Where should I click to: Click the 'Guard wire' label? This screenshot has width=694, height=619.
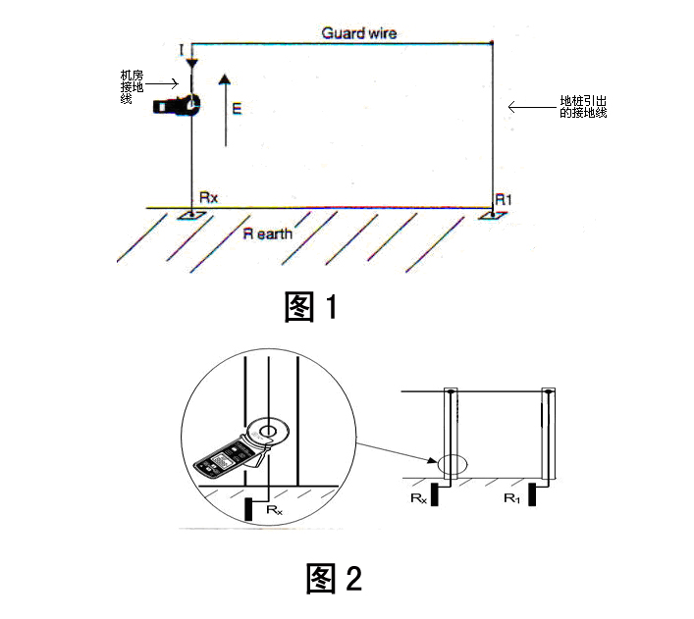coord(359,32)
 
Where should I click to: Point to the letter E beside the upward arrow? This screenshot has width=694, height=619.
coord(237,110)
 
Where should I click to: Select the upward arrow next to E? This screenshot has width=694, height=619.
coord(224,108)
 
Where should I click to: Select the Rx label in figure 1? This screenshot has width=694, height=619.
coord(208,197)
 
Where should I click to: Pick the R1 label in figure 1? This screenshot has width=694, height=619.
coord(504,198)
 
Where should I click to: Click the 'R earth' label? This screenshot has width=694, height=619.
coord(268,233)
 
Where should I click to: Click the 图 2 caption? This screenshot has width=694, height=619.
coord(334,578)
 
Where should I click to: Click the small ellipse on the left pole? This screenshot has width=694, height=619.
coord(453,465)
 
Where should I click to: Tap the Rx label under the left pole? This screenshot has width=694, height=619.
coord(418,498)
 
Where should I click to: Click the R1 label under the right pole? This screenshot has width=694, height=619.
coord(511,498)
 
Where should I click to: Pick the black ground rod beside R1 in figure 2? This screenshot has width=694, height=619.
coord(531,494)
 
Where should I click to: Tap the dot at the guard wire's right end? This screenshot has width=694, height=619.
coord(492,42)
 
